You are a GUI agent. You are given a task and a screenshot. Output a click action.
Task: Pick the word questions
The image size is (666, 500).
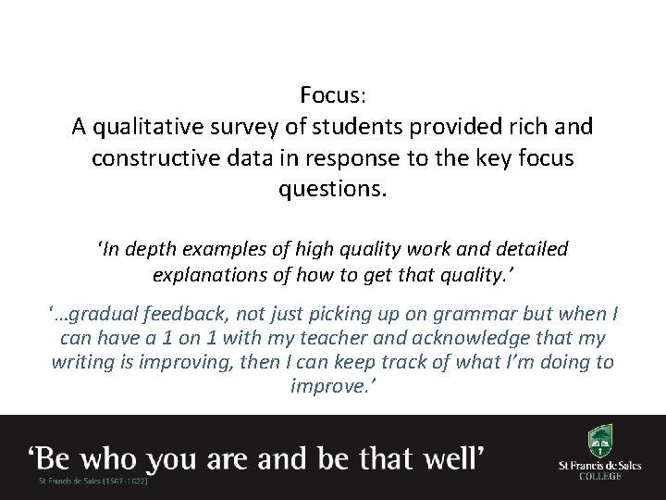tap(333, 190)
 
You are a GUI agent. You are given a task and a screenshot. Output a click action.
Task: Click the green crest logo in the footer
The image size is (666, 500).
tap(598, 441)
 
